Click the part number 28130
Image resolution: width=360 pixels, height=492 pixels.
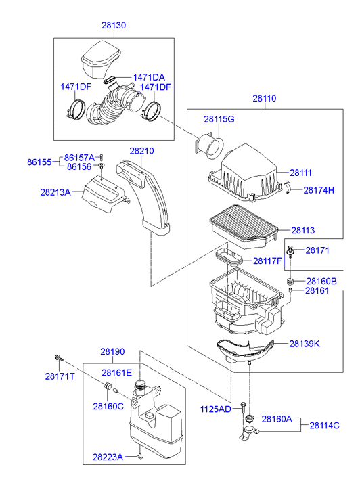(114, 26)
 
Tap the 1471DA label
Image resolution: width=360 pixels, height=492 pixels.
(149, 78)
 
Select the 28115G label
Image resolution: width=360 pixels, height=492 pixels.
(219, 119)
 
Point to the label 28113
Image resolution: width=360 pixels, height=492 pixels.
(303, 231)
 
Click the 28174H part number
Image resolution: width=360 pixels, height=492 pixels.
(319, 190)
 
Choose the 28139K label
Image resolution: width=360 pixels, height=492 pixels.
(305, 344)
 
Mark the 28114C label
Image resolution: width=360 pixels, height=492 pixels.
(325, 426)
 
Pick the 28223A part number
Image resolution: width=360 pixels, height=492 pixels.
(108, 457)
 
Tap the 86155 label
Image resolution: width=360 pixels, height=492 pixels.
(39, 162)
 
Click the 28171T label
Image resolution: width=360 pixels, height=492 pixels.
(60, 376)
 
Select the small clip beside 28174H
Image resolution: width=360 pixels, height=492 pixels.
(288, 187)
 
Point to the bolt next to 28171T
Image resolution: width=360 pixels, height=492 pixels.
(59, 357)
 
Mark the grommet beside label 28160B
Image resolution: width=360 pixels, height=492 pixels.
(290, 281)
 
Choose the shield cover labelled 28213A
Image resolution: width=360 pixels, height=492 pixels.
(104, 194)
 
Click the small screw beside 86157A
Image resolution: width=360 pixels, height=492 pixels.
(102, 157)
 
